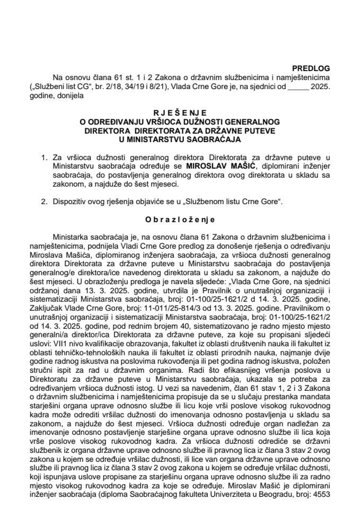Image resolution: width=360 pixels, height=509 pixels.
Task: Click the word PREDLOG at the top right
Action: coord(311,68)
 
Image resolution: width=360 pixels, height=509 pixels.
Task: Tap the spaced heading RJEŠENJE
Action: coord(180,113)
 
